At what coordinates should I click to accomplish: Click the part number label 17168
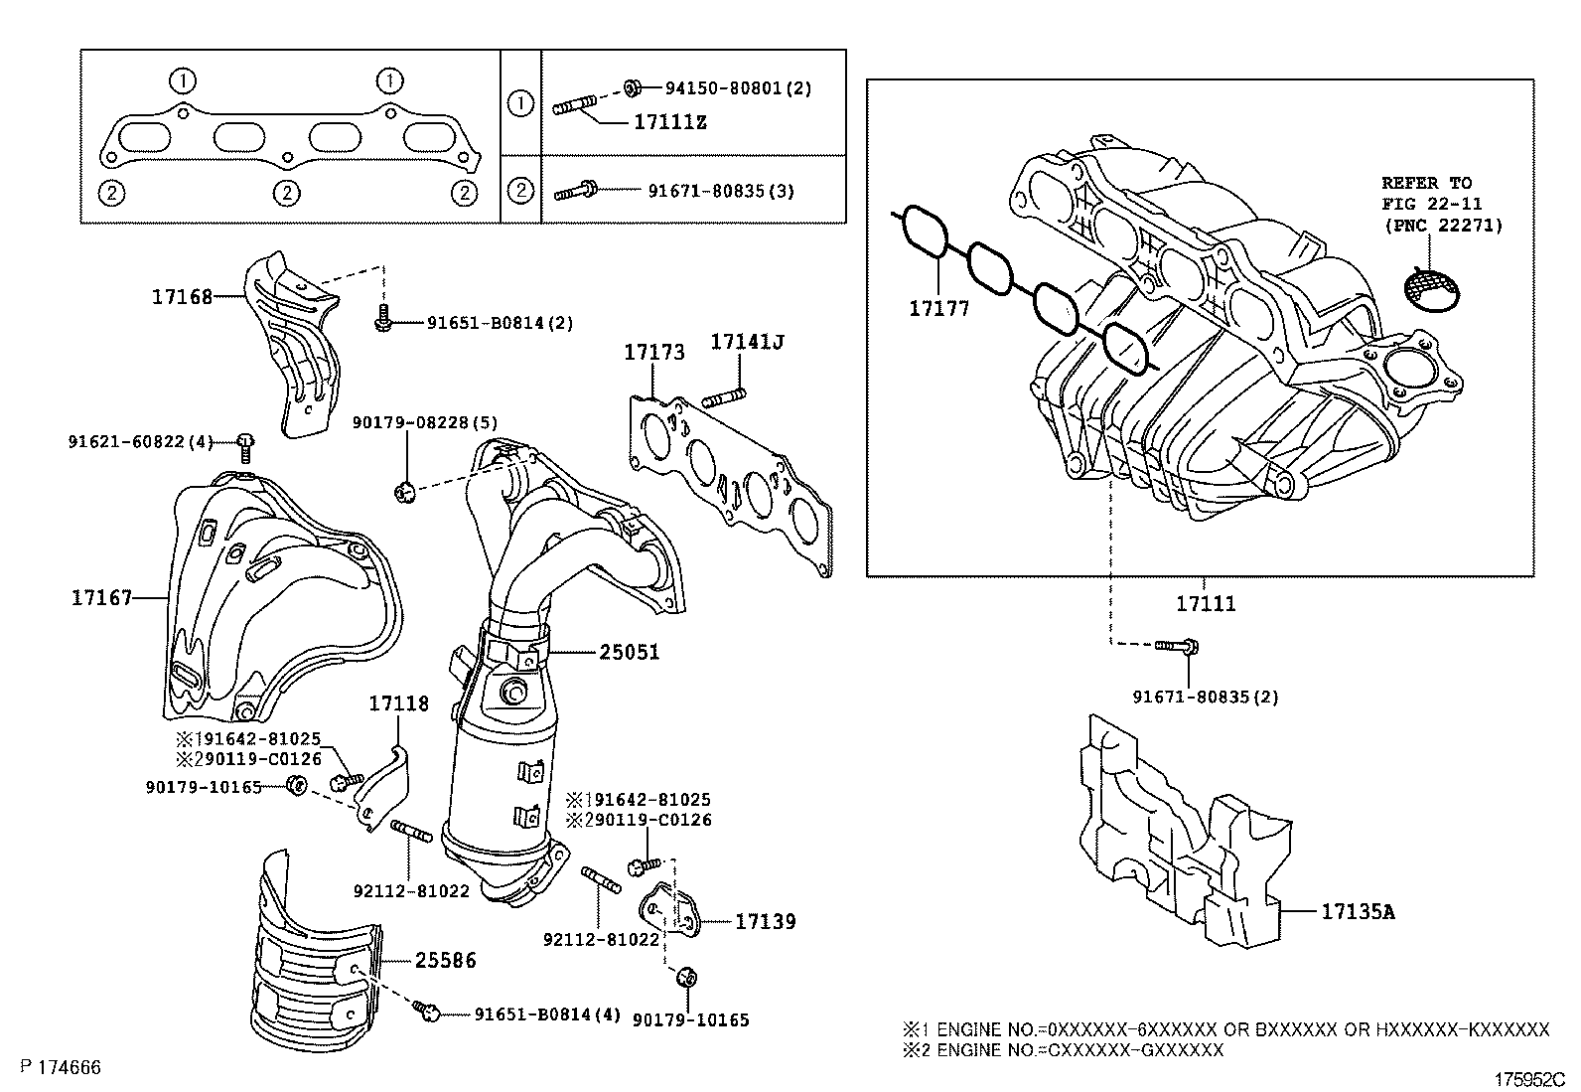tap(182, 296)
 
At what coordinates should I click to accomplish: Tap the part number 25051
tap(629, 653)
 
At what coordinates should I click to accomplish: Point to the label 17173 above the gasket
tap(653, 352)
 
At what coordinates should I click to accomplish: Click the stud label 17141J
tap(747, 342)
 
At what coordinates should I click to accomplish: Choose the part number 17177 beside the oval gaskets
tap(938, 309)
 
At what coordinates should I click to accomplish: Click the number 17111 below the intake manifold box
tap(1206, 603)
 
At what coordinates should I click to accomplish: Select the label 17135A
tap(1357, 910)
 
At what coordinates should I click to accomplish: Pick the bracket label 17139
tap(765, 921)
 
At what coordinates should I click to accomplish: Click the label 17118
tap(398, 703)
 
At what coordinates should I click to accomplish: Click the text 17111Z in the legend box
tap(670, 123)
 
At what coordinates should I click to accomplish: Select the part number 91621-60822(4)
tap(140, 441)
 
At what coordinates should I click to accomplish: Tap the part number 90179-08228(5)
tap(410, 423)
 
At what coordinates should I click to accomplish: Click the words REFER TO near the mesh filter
tap(1426, 183)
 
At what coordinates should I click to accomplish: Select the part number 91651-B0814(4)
tap(546, 1014)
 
